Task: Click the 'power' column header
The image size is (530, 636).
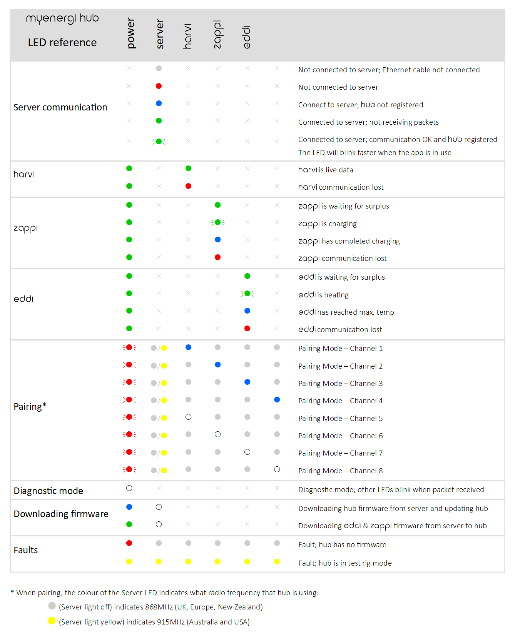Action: pyautogui.click(x=131, y=33)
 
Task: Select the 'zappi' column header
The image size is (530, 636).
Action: pyautogui.click(x=217, y=35)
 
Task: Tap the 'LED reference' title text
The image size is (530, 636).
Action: pyautogui.click(x=62, y=42)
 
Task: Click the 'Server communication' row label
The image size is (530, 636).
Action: pyautogui.click(x=60, y=107)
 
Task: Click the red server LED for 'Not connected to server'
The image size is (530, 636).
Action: pyautogui.click(x=159, y=86)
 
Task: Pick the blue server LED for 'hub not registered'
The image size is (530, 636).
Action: pyautogui.click(x=159, y=103)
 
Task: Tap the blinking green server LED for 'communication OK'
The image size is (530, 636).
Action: pyautogui.click(x=159, y=142)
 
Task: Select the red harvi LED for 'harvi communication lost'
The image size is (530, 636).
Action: pyautogui.click(x=188, y=186)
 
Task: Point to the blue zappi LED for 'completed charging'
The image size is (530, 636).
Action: pyautogui.click(x=217, y=240)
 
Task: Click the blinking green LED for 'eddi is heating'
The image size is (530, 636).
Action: pyautogui.click(x=247, y=294)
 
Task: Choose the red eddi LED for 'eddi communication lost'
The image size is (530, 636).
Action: pyautogui.click(x=247, y=329)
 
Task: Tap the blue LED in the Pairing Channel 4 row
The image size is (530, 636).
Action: pyautogui.click(x=277, y=400)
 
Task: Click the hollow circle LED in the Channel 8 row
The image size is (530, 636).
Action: pyautogui.click(x=277, y=469)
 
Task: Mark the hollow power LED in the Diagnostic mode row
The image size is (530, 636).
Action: pyautogui.click(x=129, y=488)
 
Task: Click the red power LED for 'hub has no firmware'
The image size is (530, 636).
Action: pyautogui.click(x=129, y=543)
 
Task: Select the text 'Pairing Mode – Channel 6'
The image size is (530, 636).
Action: pyautogui.click(x=340, y=436)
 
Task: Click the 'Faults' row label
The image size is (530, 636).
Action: pyautogui.click(x=26, y=550)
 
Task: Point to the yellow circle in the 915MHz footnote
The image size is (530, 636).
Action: pyautogui.click(x=52, y=621)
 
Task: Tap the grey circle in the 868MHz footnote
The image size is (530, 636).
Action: pyautogui.click(x=52, y=606)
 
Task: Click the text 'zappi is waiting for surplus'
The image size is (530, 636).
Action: pyautogui.click(x=343, y=206)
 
